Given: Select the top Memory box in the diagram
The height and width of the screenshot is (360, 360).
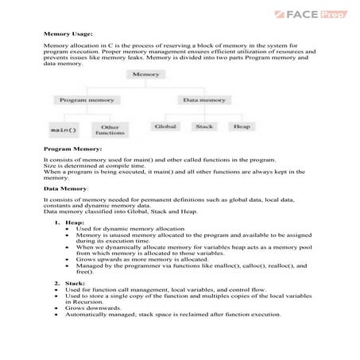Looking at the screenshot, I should tap(147, 74).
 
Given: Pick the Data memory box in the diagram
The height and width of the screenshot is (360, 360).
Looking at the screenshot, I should tap(204, 100).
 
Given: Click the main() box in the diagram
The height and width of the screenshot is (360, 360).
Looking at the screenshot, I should tap(63, 128).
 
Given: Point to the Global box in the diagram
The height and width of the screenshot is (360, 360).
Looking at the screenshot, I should tap(166, 126).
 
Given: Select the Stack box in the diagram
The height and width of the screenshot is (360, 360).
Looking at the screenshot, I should tap(203, 126).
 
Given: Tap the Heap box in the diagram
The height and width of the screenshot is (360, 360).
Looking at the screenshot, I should tap(238, 126).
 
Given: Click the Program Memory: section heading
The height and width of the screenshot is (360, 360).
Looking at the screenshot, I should tap(72, 149).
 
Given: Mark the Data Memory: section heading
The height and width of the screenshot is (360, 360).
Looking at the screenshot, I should tap(66, 188).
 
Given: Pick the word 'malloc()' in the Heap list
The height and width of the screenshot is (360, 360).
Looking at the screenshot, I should tap(204, 265).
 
